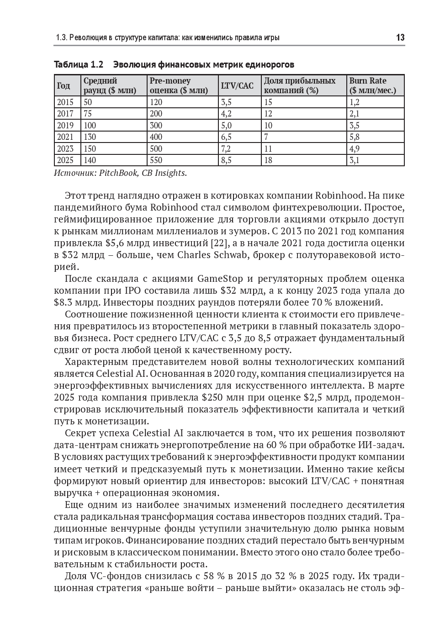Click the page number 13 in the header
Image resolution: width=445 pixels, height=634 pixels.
click(x=400, y=37)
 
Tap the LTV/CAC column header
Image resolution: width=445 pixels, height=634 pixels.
click(x=237, y=85)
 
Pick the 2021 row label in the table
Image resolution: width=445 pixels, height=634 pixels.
click(x=65, y=137)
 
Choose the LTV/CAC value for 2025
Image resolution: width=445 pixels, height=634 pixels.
click(x=226, y=160)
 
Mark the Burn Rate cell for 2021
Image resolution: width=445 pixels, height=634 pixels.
click(x=355, y=137)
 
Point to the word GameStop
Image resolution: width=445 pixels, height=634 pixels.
click(x=221, y=279)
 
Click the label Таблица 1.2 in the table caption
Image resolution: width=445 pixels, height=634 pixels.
click(x=79, y=64)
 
